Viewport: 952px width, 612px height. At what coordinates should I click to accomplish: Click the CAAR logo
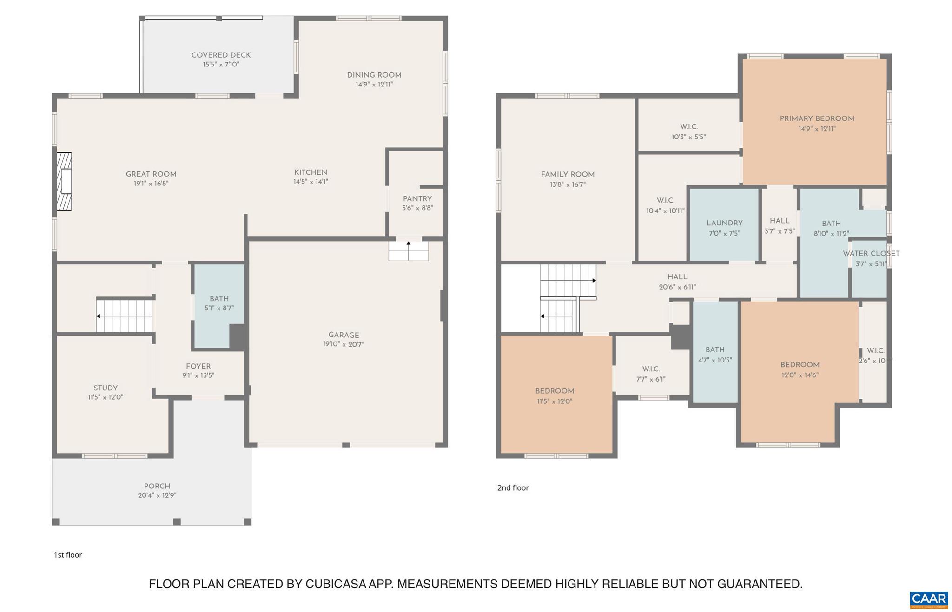pyautogui.click(x=928, y=599)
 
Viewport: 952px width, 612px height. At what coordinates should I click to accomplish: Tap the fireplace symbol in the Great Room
pyautogui.click(x=64, y=181)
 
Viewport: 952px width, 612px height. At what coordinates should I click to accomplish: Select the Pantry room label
pyautogui.click(x=417, y=199)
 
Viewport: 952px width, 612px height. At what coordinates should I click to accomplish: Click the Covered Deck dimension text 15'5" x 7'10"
pyautogui.click(x=221, y=65)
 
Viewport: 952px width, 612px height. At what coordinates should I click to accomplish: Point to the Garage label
pyautogui.click(x=344, y=335)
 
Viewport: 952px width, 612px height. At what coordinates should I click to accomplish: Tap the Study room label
pyautogui.click(x=106, y=388)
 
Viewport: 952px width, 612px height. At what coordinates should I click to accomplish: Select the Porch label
pyautogui.click(x=157, y=486)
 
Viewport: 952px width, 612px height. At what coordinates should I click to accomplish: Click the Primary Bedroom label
pyautogui.click(x=817, y=118)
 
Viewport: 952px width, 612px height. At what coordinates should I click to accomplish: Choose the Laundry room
pyautogui.click(x=724, y=225)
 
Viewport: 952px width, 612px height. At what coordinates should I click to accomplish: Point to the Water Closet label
pyautogui.click(x=871, y=254)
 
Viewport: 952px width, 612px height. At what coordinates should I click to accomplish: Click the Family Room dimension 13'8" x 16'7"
pyautogui.click(x=568, y=184)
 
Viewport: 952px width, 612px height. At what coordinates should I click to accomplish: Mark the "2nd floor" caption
pyautogui.click(x=513, y=488)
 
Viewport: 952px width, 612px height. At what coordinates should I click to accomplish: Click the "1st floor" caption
pyautogui.click(x=68, y=555)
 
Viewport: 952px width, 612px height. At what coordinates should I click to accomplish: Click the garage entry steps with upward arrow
pyautogui.click(x=409, y=251)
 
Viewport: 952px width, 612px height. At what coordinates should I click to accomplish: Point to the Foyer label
pyautogui.click(x=198, y=366)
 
